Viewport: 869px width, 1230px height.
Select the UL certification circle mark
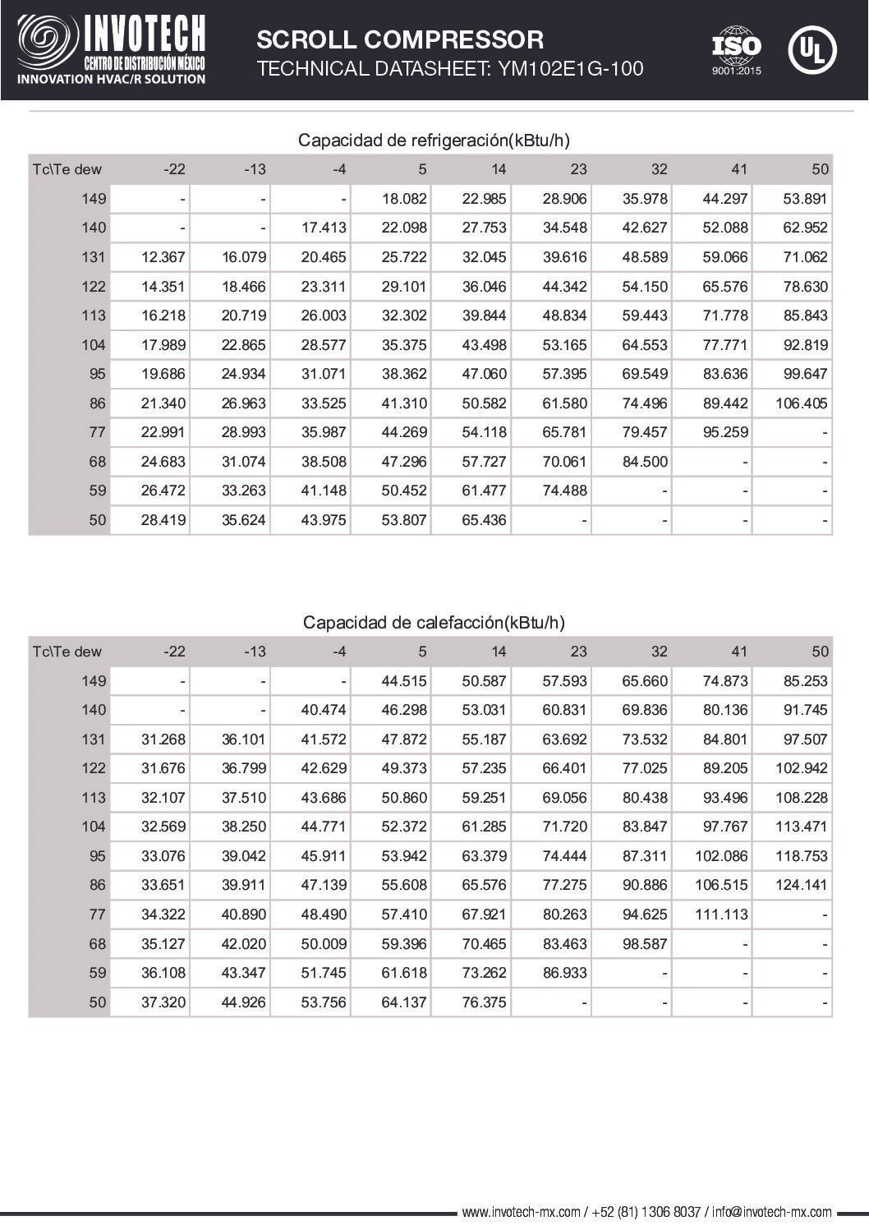point(812,49)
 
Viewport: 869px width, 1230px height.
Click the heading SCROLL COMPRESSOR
point(400,39)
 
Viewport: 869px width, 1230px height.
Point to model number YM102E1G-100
point(568,69)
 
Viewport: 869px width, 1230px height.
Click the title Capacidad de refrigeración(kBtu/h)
point(434,141)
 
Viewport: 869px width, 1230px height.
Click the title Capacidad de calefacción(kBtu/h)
point(434,622)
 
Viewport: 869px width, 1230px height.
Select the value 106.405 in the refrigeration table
point(801,403)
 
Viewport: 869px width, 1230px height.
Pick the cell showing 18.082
point(404,199)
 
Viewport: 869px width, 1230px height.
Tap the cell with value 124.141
point(801,885)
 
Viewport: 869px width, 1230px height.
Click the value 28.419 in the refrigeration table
point(163,520)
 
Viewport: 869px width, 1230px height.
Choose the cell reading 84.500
point(645,462)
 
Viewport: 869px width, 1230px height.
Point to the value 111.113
point(721,914)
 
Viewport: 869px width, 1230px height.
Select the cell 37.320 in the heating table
point(163,1002)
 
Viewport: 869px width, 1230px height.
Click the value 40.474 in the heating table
point(324,710)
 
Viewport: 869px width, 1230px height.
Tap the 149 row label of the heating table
point(94,681)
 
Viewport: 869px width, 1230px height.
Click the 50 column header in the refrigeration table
point(820,169)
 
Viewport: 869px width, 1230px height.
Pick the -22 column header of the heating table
point(174,652)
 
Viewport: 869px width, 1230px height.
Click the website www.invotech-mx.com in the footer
point(521,1212)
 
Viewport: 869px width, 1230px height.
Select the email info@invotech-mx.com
point(771,1212)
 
